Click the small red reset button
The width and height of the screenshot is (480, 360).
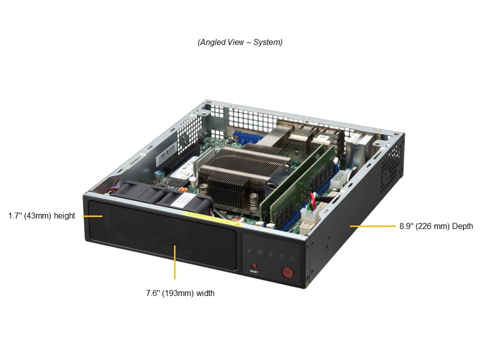(x=254, y=265)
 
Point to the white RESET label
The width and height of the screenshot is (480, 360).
(x=254, y=271)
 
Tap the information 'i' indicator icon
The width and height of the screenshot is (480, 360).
(x=250, y=250)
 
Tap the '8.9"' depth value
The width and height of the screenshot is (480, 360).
(x=406, y=226)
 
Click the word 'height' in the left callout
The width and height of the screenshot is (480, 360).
(x=64, y=216)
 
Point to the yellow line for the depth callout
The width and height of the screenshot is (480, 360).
(x=372, y=226)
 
